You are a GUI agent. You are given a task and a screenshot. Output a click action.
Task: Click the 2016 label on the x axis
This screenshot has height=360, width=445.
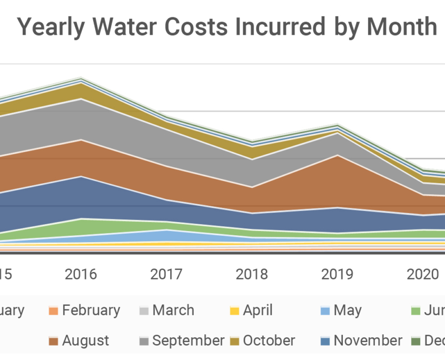[x=81, y=274]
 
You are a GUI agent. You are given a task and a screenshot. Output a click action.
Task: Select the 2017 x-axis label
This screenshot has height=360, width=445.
[x=167, y=274]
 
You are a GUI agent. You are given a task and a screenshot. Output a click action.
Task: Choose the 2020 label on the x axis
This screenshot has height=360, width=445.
[x=423, y=274]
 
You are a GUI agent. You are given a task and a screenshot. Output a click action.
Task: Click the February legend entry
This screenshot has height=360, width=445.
[x=91, y=311]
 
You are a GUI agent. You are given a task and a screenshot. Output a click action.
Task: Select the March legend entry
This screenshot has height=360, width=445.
[x=173, y=311]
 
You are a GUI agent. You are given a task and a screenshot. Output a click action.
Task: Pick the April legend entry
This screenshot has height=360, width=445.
[x=258, y=311]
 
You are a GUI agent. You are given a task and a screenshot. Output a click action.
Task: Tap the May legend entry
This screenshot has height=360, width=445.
[x=348, y=311]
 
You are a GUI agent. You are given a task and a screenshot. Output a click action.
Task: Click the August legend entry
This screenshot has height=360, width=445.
[x=85, y=341]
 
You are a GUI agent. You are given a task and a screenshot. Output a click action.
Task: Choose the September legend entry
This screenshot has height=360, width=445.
[x=188, y=341]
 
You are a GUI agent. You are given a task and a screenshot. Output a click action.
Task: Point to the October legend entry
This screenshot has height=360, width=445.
[x=269, y=341]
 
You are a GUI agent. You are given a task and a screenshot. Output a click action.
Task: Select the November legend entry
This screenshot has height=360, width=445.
[x=368, y=341]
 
